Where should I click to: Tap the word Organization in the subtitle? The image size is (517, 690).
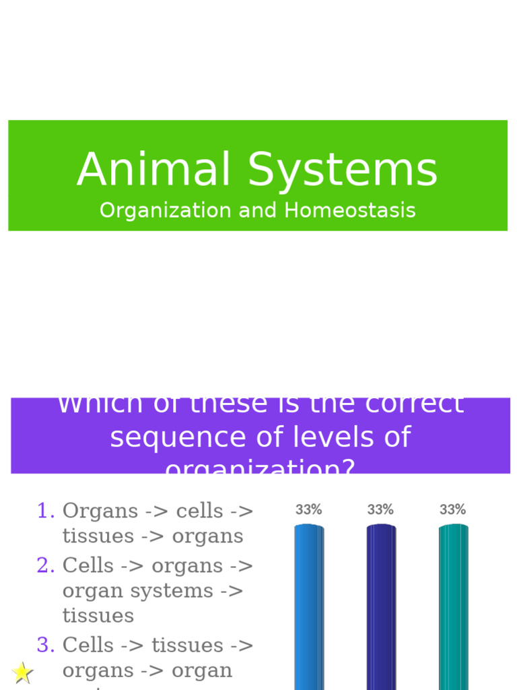(166, 211)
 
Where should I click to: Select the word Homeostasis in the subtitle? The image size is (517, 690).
(349, 210)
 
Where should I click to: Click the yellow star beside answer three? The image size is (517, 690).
(22, 672)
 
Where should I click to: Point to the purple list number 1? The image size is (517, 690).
(46, 511)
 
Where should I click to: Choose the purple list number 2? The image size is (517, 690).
(46, 566)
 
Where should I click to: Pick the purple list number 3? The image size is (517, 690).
(46, 646)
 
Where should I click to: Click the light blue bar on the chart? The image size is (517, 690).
(309, 606)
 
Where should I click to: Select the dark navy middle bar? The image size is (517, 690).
(381, 606)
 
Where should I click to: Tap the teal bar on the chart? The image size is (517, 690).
(453, 606)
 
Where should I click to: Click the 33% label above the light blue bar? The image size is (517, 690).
(308, 510)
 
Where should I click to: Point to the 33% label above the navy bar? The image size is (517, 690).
(380, 510)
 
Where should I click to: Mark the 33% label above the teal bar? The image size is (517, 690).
(452, 510)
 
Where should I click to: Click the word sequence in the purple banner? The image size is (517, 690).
(169, 438)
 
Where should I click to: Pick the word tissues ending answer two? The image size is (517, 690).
(98, 616)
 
